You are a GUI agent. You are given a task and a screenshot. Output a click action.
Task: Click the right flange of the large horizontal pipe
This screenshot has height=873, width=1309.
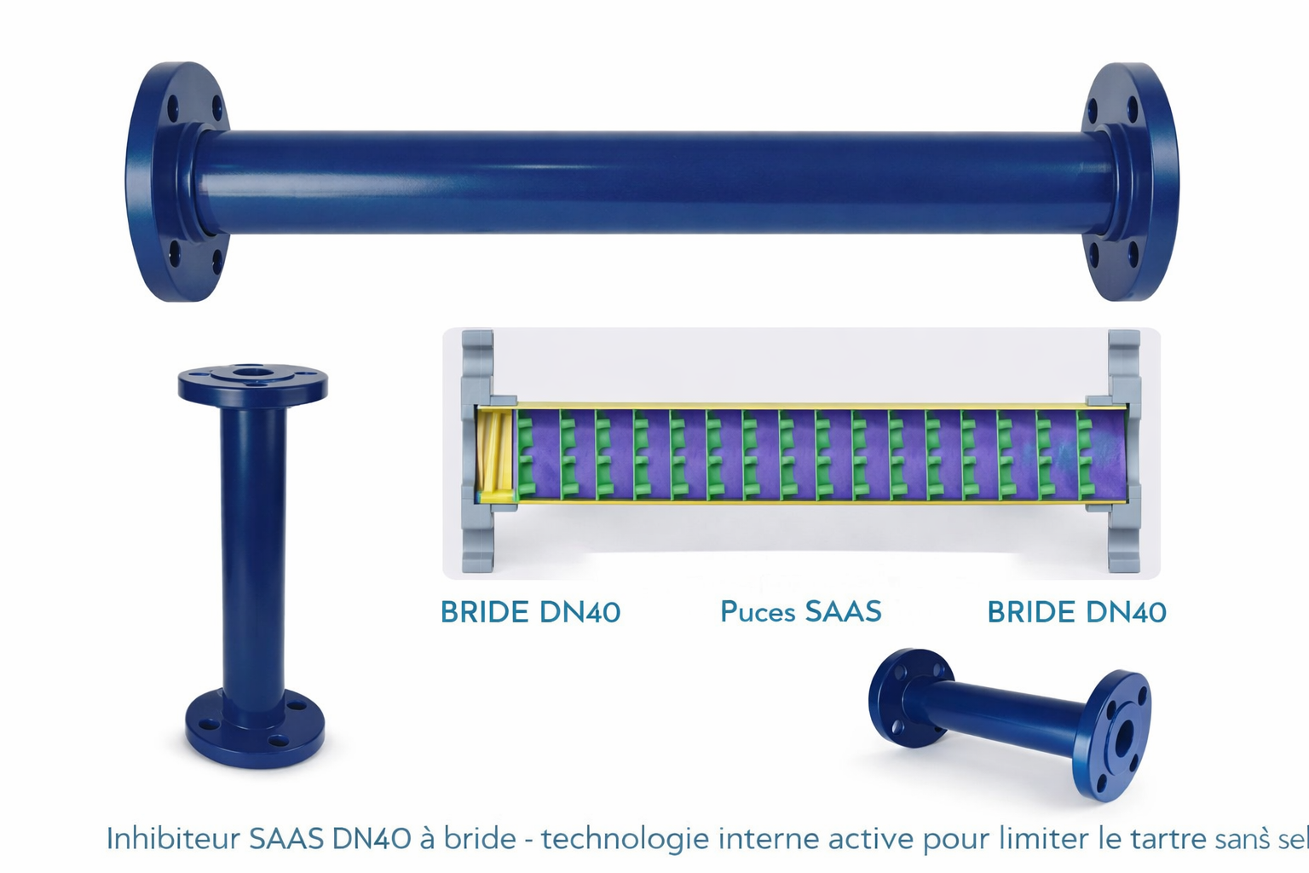point(1131,182)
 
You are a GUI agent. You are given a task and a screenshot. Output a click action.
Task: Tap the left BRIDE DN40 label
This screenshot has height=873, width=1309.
point(530,612)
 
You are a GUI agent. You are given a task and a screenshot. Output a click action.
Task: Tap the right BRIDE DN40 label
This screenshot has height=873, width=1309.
point(1076,612)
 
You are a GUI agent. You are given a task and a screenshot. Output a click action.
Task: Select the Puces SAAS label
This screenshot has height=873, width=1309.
point(800,611)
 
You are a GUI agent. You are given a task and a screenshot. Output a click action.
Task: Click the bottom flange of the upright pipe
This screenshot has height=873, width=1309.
point(255,729)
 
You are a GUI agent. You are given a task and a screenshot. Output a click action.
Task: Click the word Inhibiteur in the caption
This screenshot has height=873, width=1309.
point(173,839)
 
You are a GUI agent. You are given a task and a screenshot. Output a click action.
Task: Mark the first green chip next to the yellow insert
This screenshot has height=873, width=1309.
point(526,455)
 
